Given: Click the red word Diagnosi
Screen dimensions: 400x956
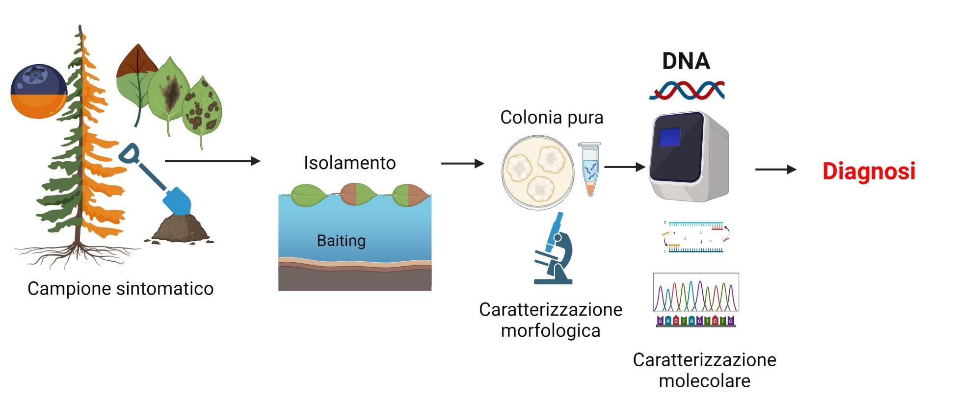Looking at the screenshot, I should pyautogui.click(x=869, y=172).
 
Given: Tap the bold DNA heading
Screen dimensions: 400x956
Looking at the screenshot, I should pyautogui.click(x=686, y=61).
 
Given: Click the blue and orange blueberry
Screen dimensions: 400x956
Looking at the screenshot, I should pyautogui.click(x=39, y=92).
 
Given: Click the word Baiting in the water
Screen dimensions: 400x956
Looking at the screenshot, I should pyautogui.click(x=341, y=241).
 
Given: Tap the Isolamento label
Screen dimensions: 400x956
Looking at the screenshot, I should pyautogui.click(x=349, y=163).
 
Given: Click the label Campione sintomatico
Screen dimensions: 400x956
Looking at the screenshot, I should pyautogui.click(x=120, y=288).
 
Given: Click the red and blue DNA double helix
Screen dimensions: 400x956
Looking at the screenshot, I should pyautogui.click(x=686, y=91).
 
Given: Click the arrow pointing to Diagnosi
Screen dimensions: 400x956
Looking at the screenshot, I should pyautogui.click(x=775, y=170).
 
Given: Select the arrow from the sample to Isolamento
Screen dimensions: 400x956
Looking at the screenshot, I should pyautogui.click(x=212, y=161).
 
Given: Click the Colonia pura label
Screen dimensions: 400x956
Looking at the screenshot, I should pyautogui.click(x=552, y=118).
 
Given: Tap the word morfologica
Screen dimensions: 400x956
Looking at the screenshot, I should pyautogui.click(x=551, y=330).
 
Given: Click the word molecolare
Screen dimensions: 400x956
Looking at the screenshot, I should pyautogui.click(x=704, y=380).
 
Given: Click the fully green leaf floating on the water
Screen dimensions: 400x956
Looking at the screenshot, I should pyautogui.click(x=309, y=195).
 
